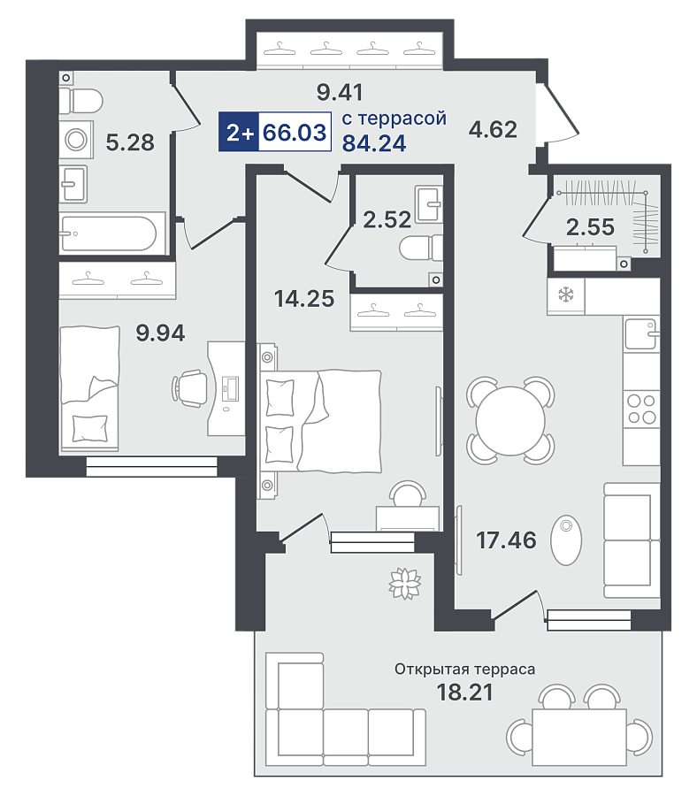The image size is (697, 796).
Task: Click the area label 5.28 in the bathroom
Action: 130,142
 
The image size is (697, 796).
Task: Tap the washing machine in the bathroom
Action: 76,140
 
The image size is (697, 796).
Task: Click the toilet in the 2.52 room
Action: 421,249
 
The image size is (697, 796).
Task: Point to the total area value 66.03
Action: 295,132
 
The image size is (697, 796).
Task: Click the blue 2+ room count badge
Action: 239,132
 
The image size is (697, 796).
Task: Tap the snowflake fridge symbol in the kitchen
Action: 565,295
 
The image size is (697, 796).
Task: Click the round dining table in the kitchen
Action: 510,420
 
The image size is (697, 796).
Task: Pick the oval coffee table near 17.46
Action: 566,540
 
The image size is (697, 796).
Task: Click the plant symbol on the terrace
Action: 405,583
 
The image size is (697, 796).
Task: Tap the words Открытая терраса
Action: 464,670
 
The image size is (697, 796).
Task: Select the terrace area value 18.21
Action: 464,692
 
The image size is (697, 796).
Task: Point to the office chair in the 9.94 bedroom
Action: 189,388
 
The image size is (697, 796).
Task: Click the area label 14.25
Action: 304,299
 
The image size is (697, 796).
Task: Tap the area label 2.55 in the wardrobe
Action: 590,227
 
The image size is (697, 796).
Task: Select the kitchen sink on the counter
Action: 641,334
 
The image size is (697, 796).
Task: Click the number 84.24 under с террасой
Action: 374,143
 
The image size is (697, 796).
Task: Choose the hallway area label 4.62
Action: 493,129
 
